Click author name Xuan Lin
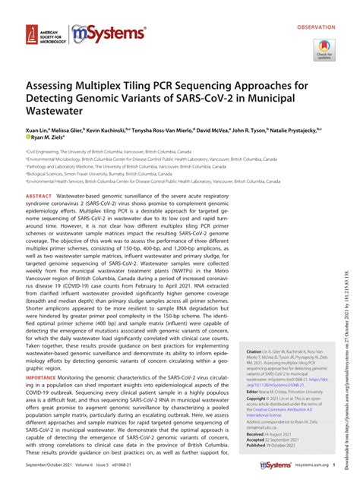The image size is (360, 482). pos(37,130)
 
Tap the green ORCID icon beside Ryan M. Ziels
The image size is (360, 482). pos(27,138)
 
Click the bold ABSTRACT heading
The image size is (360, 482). pos(38,195)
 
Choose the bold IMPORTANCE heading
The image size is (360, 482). pos(41,377)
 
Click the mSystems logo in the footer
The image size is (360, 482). pos(276,465)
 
